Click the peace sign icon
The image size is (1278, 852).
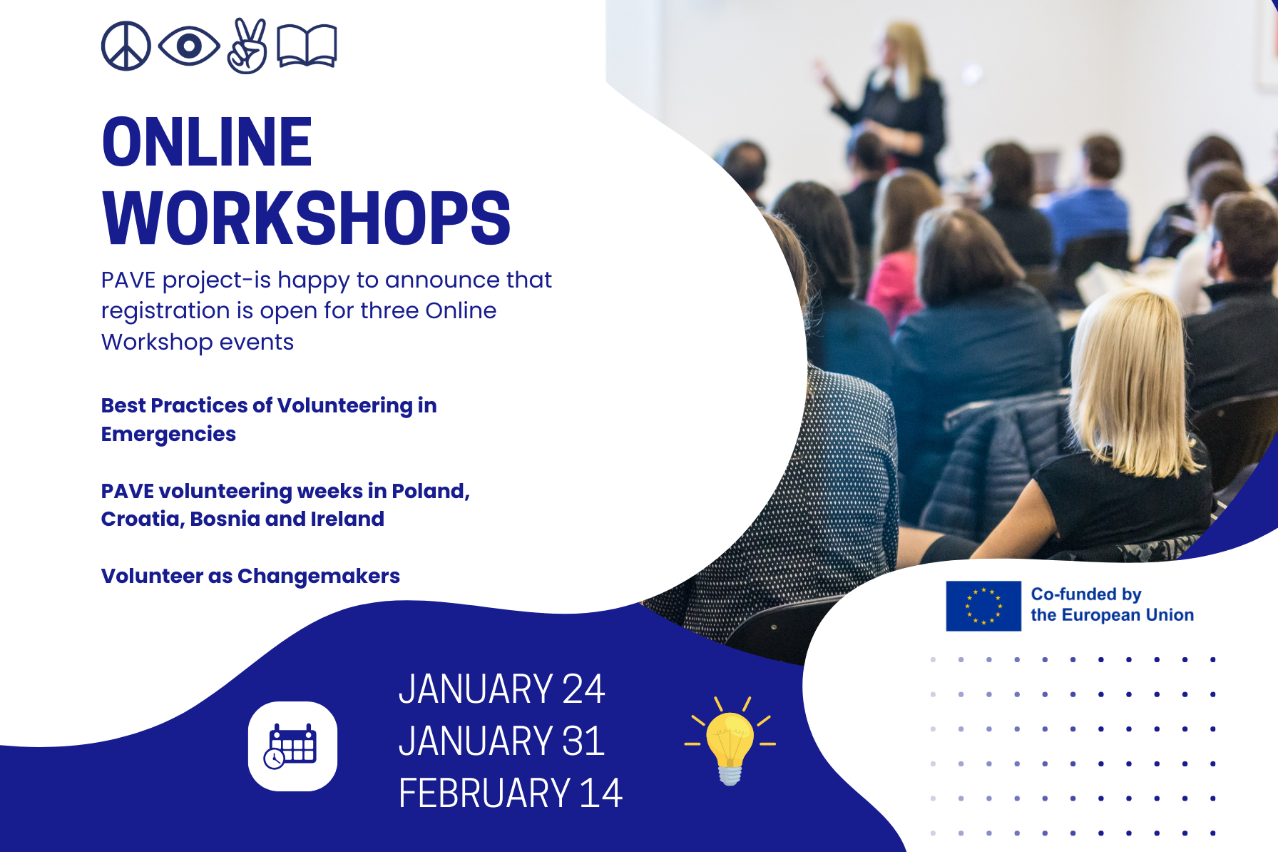pos(126,46)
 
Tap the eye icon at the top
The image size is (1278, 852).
pos(189,46)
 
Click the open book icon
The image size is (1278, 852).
pos(307,46)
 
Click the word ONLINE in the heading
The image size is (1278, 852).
pos(207,143)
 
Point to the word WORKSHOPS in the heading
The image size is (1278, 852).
pos(307,218)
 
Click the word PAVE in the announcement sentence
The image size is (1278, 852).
pos(128,280)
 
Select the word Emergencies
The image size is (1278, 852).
pos(168,434)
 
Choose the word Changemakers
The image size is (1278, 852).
pos(318,576)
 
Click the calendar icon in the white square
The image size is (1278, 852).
pos(292,746)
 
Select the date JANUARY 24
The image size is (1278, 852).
pos(501,689)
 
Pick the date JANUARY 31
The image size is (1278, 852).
pos(501,741)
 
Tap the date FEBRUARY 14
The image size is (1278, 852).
pos(510,793)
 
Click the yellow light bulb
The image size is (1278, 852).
pos(730,742)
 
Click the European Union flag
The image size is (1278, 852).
pos(983,606)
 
